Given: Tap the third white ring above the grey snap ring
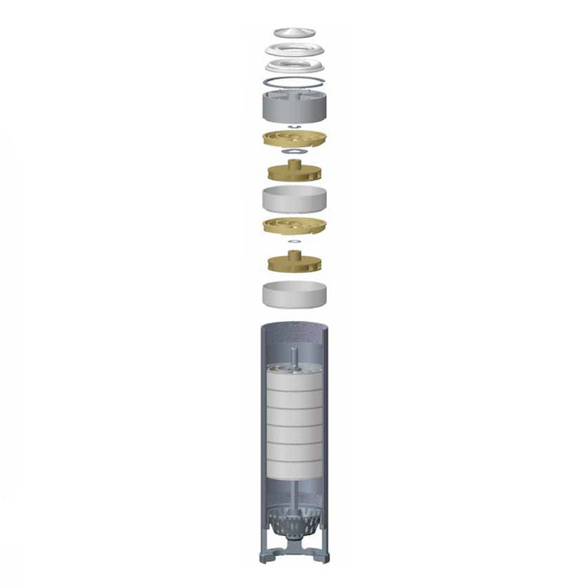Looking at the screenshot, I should click(x=294, y=66).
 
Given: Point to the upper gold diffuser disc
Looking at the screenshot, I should click(x=294, y=139).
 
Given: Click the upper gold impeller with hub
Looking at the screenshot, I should click(x=294, y=172).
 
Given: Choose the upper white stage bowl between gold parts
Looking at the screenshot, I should click(x=294, y=200).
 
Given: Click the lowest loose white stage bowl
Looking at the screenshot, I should click(x=294, y=295).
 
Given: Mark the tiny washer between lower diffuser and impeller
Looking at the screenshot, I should click(x=294, y=242).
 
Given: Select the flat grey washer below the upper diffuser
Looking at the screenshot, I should click(x=294, y=153).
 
